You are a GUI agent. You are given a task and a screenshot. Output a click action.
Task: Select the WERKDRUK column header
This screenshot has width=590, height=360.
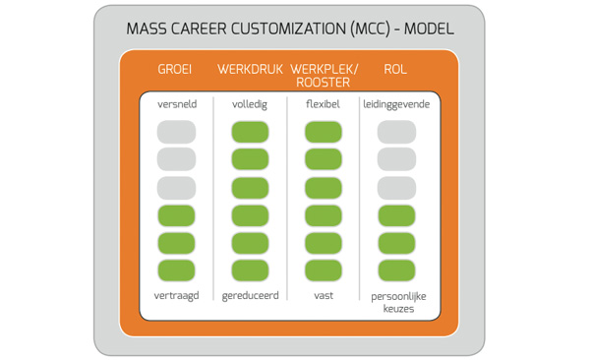point(251,70)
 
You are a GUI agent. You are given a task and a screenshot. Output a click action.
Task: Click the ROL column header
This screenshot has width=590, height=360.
point(396,70)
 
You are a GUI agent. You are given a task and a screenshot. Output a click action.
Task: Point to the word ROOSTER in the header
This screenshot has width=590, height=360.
point(324,83)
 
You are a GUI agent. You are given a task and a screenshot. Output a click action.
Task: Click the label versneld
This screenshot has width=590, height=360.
point(177,103)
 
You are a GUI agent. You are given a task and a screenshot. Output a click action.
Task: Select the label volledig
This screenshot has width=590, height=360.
point(250,103)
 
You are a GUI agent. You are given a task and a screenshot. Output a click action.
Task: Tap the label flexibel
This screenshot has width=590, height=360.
point(323,103)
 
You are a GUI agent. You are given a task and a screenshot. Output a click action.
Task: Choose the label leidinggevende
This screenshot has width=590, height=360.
point(396,103)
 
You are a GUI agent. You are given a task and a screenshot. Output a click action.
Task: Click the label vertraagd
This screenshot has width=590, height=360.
point(177,295)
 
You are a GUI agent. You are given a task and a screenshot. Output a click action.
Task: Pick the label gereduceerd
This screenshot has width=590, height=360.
point(250,295)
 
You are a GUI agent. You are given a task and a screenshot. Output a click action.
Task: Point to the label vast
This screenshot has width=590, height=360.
point(323,295)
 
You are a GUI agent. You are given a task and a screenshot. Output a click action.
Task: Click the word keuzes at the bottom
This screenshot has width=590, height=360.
point(396,308)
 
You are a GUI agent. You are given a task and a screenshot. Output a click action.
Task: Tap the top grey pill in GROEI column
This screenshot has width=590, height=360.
point(177,132)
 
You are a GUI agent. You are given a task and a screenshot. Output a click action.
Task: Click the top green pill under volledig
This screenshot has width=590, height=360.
point(250,132)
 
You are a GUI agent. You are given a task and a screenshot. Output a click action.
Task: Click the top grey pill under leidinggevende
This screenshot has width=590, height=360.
point(396,132)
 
